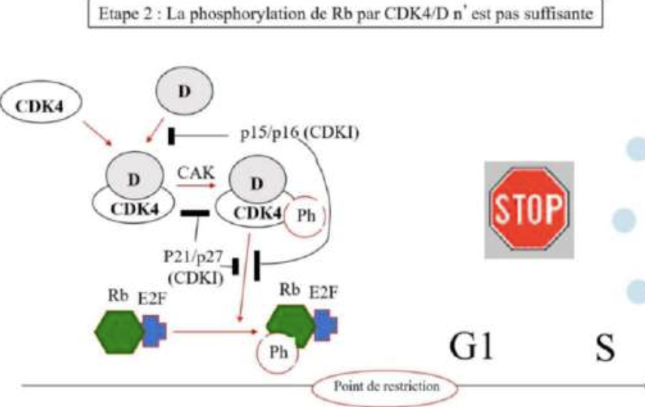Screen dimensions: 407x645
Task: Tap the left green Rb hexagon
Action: coord(119,329)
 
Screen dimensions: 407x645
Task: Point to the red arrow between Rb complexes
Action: coord(212,330)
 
